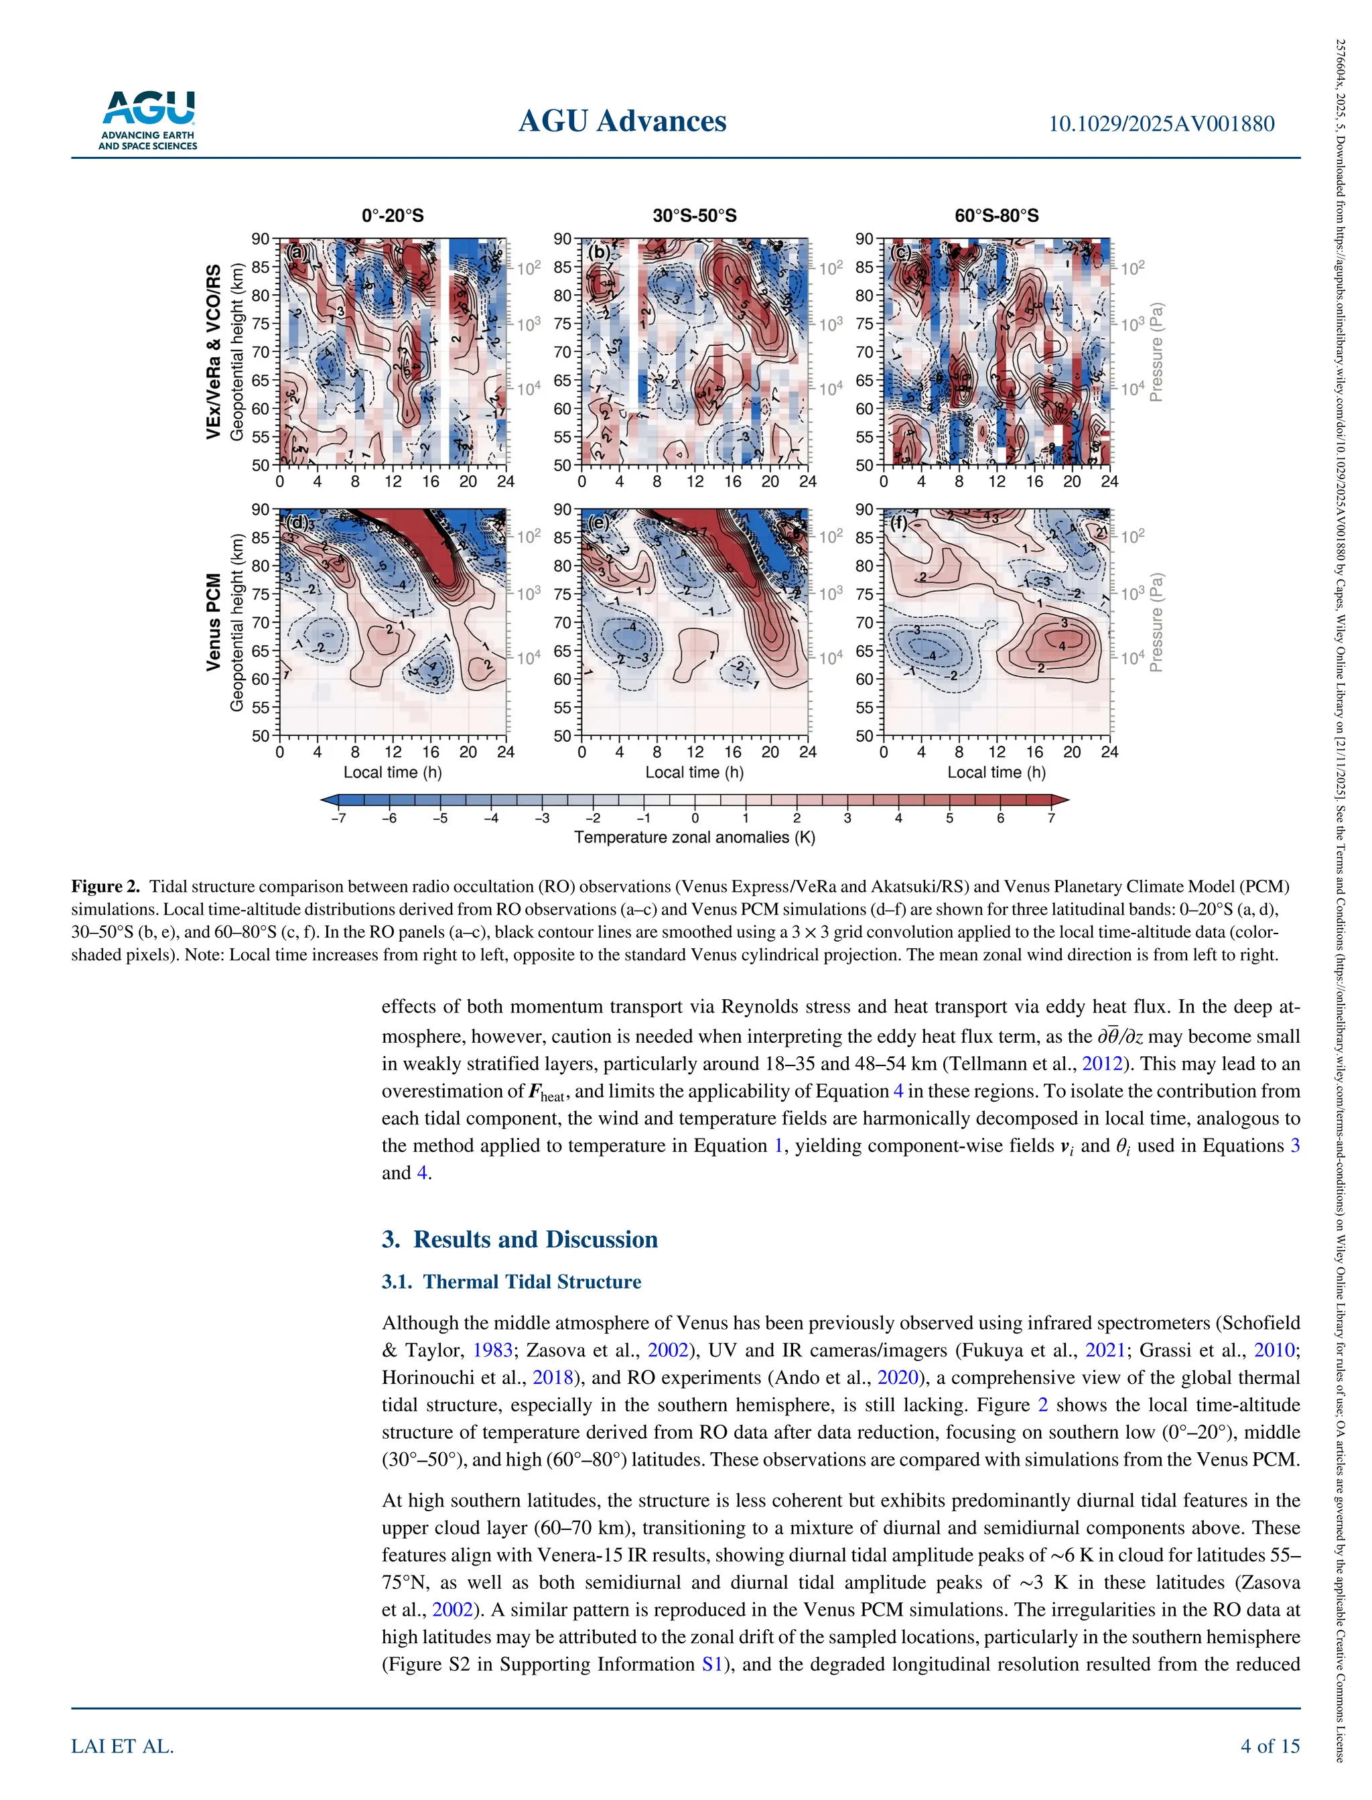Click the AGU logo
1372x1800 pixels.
pyautogui.click(x=148, y=120)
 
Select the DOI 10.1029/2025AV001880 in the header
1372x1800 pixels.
pyautogui.click(x=1160, y=124)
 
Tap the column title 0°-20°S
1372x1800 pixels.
pyautogui.click(x=392, y=216)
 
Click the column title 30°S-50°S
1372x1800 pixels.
pyautogui.click(x=694, y=216)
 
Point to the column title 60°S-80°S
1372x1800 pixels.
pyautogui.click(x=996, y=216)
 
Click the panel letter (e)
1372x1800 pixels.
pyautogui.click(x=599, y=523)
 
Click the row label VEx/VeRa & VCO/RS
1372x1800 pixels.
pyautogui.click(x=213, y=351)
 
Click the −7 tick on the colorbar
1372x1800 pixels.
pyautogui.click(x=338, y=818)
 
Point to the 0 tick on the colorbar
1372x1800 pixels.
pyautogui.click(x=694, y=818)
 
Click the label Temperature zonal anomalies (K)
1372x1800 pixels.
pyautogui.click(x=694, y=837)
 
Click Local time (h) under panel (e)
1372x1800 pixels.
pyautogui.click(x=694, y=772)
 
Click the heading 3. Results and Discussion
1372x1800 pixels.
pyautogui.click(x=519, y=1239)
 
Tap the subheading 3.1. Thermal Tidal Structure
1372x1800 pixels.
pyautogui.click(x=511, y=1281)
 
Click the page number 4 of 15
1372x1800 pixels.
pyautogui.click(x=1269, y=1746)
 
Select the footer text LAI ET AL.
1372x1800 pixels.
pyautogui.click(x=123, y=1746)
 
